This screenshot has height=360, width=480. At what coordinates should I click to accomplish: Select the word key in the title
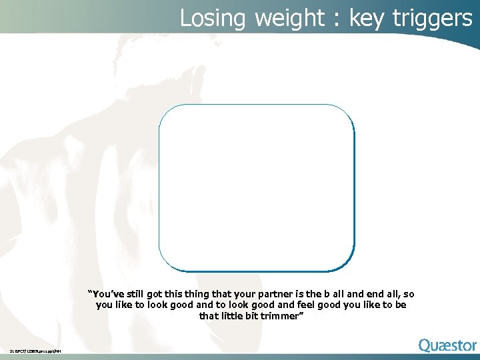(x=367, y=18)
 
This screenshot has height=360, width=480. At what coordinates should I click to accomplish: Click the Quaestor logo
(x=447, y=345)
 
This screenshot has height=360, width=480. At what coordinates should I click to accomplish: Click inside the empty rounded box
(x=256, y=187)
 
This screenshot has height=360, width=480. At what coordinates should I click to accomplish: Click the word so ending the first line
(x=409, y=293)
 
